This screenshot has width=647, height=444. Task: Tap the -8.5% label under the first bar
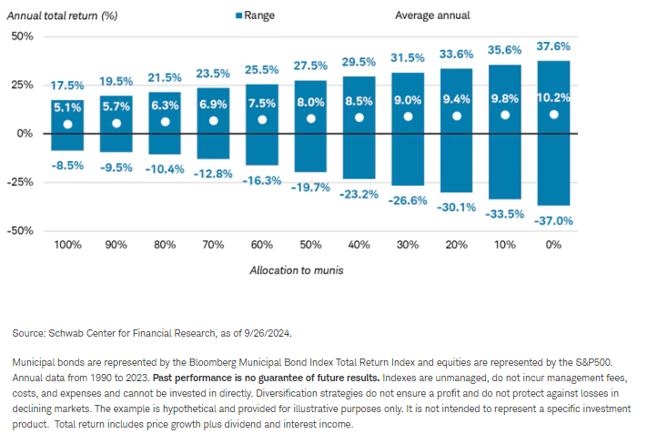click(x=67, y=166)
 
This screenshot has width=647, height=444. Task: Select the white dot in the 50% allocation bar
click(x=310, y=118)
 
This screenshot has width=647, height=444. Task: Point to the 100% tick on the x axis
click(x=67, y=246)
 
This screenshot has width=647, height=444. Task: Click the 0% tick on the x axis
click(x=553, y=246)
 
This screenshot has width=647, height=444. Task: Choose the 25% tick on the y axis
click(x=22, y=85)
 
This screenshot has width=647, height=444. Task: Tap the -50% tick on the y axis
click(x=20, y=230)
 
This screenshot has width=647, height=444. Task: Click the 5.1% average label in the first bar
click(x=67, y=107)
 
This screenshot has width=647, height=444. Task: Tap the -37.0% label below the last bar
click(x=554, y=220)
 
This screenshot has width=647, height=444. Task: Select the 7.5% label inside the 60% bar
click(x=262, y=103)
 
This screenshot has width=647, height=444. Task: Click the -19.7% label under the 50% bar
click(x=310, y=187)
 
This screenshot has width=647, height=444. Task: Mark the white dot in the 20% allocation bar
click(x=457, y=116)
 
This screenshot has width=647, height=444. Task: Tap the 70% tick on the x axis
click(x=213, y=246)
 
